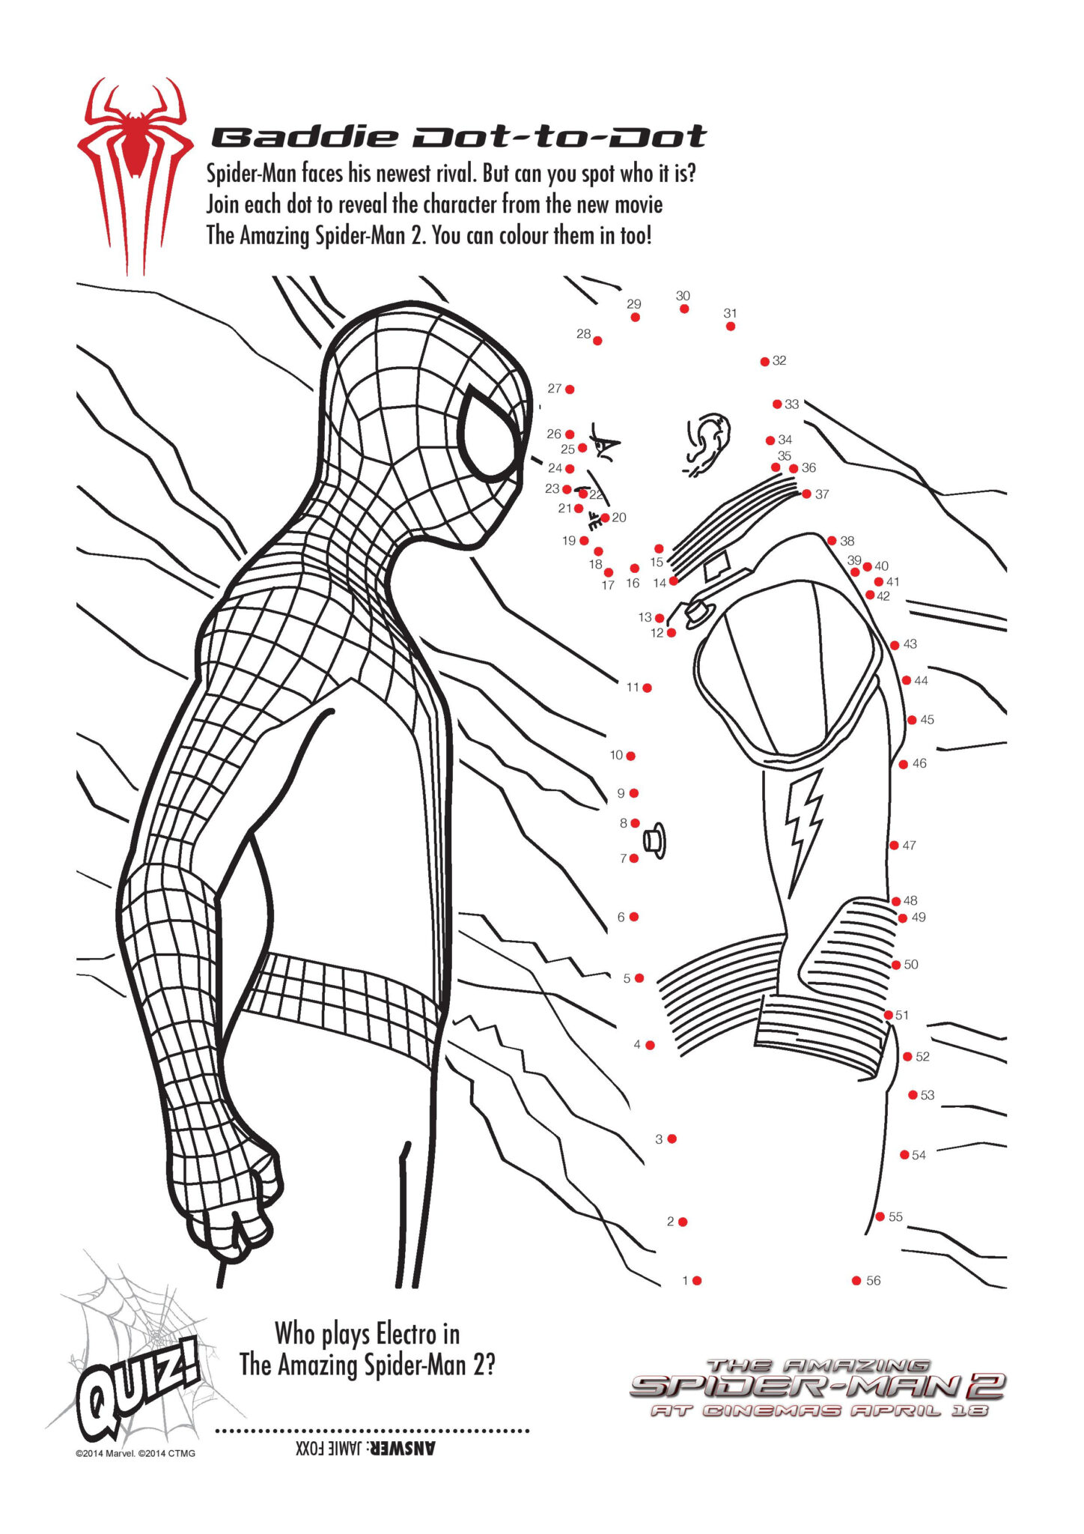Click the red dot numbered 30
(x=684, y=309)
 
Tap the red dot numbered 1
(x=697, y=1281)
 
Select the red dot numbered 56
(x=856, y=1281)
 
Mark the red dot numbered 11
(x=647, y=688)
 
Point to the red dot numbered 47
(x=894, y=846)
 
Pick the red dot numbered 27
(x=570, y=389)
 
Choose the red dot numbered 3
(x=672, y=1139)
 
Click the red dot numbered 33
(x=777, y=404)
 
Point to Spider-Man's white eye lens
(x=490, y=436)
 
